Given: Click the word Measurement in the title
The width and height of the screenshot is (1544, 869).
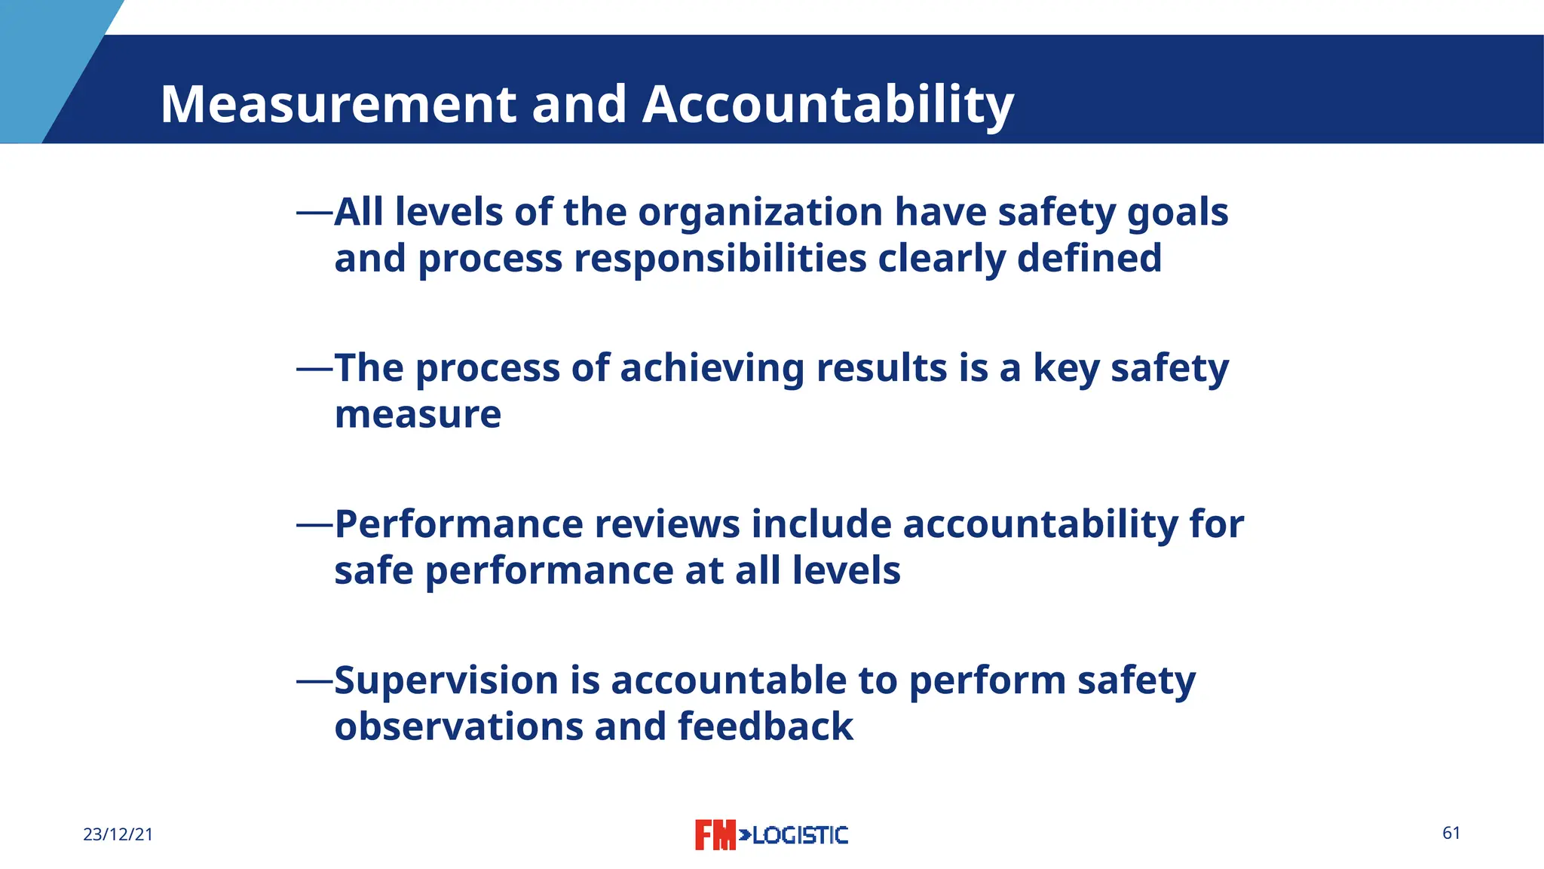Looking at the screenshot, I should tap(339, 104).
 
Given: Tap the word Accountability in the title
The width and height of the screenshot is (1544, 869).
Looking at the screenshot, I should tap(828, 104).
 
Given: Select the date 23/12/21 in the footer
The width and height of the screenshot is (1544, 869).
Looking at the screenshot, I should tap(118, 834).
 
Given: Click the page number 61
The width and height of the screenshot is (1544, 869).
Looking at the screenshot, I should tap(1451, 833).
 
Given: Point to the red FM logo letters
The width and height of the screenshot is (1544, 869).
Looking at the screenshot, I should tap(714, 835).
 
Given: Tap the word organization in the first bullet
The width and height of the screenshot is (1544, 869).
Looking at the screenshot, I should tap(760, 212).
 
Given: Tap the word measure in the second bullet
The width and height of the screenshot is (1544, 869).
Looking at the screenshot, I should tap(418, 414).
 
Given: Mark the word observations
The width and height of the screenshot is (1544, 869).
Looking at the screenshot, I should tap(458, 726).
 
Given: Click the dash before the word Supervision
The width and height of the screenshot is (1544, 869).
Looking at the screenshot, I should tap(314, 681).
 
